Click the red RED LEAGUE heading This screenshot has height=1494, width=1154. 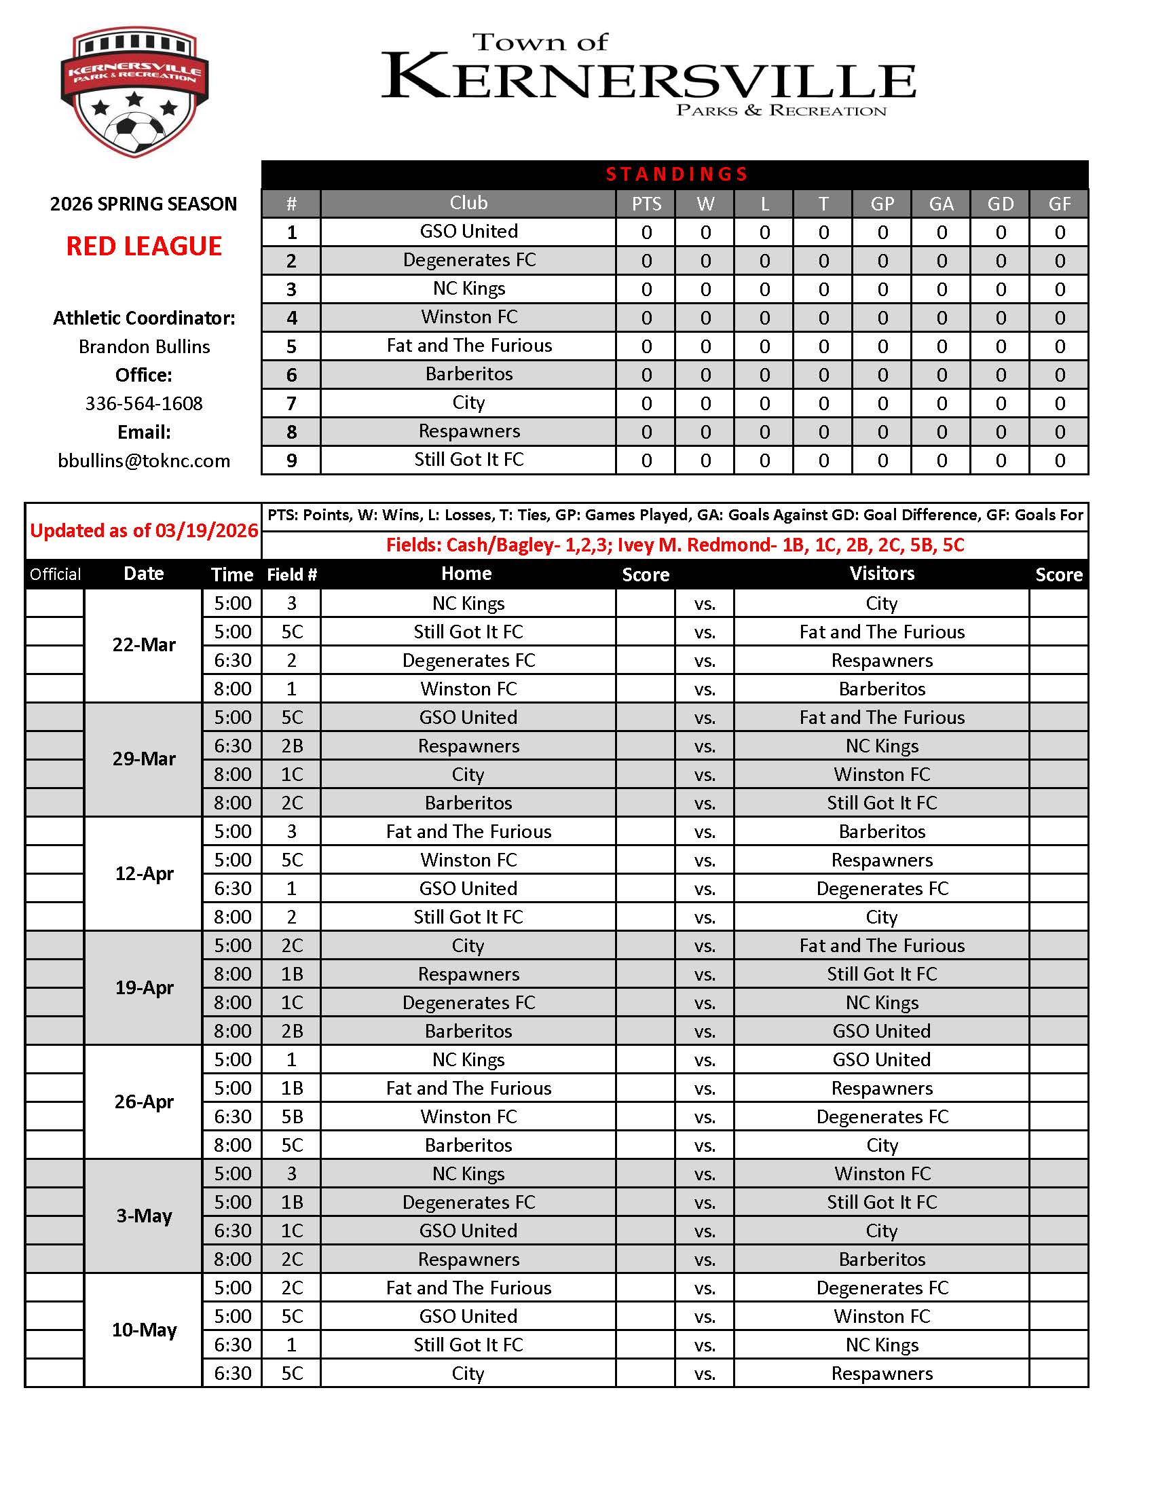pos(143,247)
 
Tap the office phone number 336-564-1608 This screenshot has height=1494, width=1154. pos(143,403)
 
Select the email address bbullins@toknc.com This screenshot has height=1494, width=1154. pos(143,461)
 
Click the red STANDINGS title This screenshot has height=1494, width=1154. pos(675,175)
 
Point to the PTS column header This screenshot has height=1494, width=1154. pos(646,204)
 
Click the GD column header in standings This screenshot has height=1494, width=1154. pos(1000,204)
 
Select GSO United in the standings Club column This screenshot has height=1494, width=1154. pos(468,232)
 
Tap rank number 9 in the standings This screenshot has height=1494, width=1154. pos(291,461)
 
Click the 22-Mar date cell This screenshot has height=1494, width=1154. pos(143,645)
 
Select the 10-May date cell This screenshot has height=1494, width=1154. pos(143,1330)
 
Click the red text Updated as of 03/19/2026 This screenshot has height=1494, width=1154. pos(143,531)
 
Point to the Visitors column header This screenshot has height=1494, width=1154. pos(881,574)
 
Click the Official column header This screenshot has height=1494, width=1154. pos(55,575)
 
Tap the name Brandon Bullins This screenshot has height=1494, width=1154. pos(143,347)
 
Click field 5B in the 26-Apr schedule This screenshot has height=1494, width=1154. pos(292,1117)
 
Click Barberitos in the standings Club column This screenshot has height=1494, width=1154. pos(468,374)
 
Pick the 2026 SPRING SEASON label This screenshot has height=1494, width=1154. pos(143,204)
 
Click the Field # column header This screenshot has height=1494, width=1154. pos(292,575)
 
